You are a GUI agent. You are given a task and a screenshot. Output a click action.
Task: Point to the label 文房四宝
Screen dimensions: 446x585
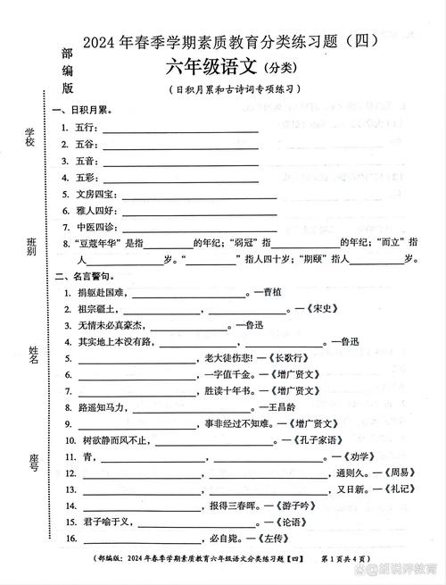click(95, 193)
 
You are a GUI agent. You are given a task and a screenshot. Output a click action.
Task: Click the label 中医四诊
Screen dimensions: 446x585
click(95, 226)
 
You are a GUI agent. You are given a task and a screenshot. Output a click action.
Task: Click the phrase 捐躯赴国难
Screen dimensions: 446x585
click(100, 292)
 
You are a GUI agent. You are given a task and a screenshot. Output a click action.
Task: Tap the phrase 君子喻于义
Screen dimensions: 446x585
click(100, 522)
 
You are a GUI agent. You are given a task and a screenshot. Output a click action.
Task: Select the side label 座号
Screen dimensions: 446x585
click(33, 461)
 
